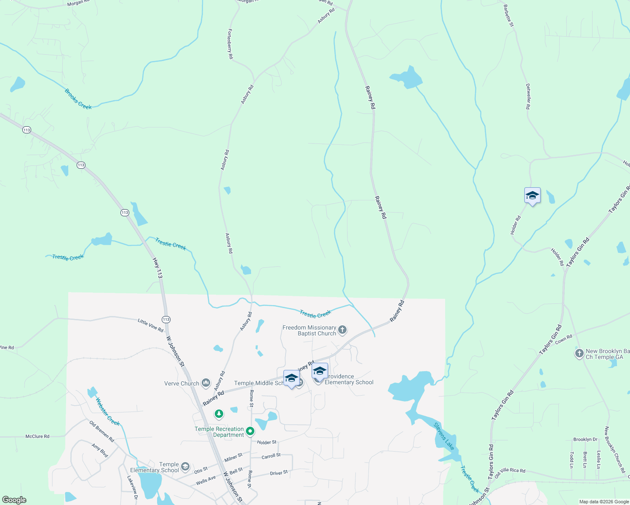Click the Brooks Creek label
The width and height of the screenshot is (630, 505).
click(78, 99)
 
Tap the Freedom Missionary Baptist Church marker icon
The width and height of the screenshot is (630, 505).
click(342, 330)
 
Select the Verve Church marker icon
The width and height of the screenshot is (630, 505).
click(206, 383)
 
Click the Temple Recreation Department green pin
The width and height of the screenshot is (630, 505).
click(250, 431)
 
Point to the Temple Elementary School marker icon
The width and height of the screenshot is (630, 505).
click(185, 466)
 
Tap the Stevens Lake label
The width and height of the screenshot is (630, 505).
click(444, 436)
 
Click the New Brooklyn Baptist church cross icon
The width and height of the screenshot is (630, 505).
click(579, 353)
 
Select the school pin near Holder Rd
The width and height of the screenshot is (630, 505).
click(532, 196)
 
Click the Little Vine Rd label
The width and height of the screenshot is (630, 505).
click(150, 325)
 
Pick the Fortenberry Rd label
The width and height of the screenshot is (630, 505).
click(230, 44)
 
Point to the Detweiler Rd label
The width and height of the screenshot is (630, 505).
click(528, 96)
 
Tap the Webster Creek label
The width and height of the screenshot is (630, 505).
click(108, 412)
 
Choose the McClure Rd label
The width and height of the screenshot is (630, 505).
click(37, 436)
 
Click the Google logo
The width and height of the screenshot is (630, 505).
click(14, 500)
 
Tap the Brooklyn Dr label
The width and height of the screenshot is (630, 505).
click(585, 439)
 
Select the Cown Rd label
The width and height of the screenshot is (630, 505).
click(563, 339)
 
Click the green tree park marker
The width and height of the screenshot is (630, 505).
click(219, 414)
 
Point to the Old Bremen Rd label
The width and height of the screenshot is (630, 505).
click(102, 431)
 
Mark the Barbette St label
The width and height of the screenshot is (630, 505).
click(509, 16)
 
